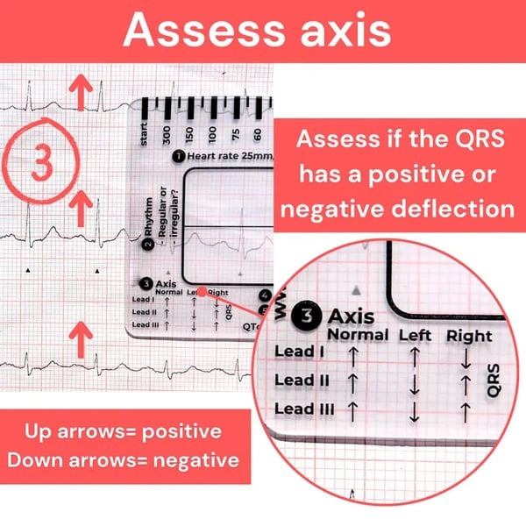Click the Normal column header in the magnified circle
[x=357, y=334]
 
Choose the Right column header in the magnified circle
[x=470, y=335]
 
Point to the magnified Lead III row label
[x=301, y=408]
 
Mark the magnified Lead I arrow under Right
[x=466, y=356]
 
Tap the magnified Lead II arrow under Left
[x=411, y=383]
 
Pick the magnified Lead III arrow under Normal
[x=353, y=409]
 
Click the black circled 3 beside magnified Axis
[x=308, y=315]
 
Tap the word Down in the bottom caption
[x=53, y=458]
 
